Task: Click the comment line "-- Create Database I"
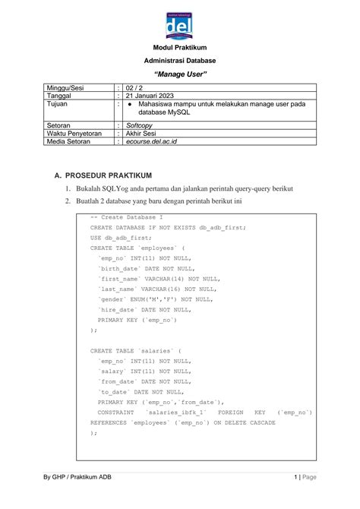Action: coord(126,217)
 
